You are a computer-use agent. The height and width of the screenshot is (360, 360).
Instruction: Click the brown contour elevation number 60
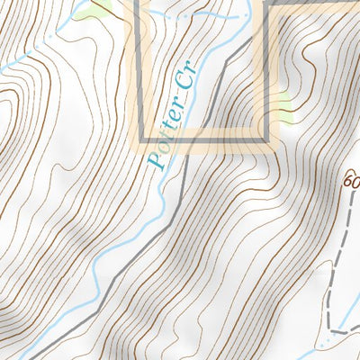(351, 181)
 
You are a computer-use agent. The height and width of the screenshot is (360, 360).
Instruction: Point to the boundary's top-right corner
(268, 4)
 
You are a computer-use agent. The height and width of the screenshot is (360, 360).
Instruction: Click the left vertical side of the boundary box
(139, 72)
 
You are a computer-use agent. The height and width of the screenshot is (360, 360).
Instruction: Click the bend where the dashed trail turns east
(331, 329)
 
